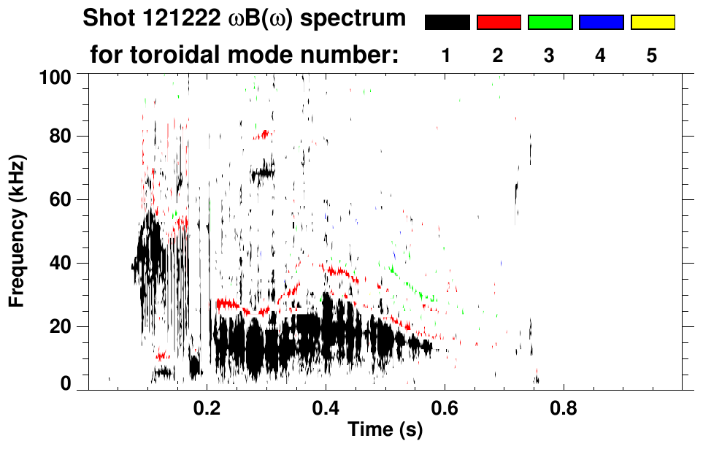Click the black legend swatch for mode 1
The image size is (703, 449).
click(447, 22)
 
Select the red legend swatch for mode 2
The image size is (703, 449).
click(499, 22)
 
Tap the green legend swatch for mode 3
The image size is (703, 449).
click(550, 22)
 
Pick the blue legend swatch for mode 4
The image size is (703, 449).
click(601, 22)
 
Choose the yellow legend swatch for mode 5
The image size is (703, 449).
click(653, 22)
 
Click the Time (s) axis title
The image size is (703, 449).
click(385, 431)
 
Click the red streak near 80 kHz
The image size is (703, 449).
click(261, 134)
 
